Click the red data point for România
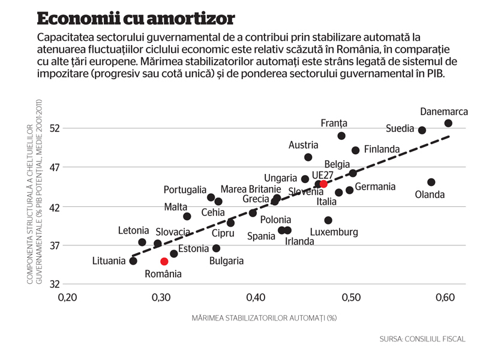tap(164, 261)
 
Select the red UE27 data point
tap(323, 184)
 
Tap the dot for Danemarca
tap(448, 123)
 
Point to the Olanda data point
tap(431, 182)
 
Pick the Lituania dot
tap(133, 261)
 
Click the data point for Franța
tap(341, 136)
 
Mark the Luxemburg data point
tap(328, 220)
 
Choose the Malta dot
tap(187, 217)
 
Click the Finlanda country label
tap(382, 149)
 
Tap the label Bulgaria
tap(227, 261)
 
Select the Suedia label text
tap(400, 128)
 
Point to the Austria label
tap(304, 145)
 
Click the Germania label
tap(375, 187)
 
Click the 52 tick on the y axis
tap(55, 128)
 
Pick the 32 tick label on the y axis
tap(55, 284)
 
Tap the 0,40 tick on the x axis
tap(256, 297)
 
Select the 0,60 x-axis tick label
tap(445, 297)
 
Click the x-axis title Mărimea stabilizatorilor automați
tap(264, 318)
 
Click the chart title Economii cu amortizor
tap(136, 19)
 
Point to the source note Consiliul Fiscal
tap(422, 339)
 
